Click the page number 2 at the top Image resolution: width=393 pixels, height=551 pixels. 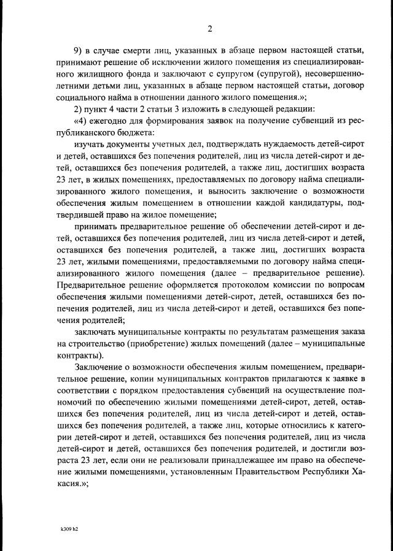click(x=209, y=28)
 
